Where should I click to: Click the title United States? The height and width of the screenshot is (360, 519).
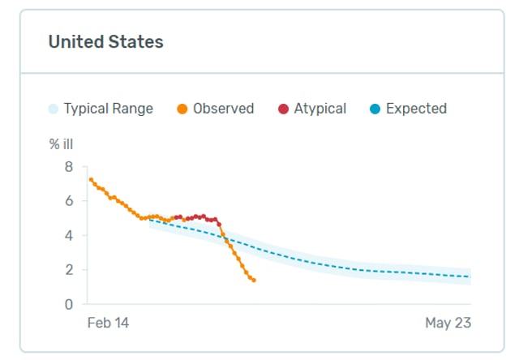105,42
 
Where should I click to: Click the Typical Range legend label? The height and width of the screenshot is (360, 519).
108,109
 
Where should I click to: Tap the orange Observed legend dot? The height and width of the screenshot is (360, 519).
183,109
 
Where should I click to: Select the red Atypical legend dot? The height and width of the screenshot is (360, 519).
283,109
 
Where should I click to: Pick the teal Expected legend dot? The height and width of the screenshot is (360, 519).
375,109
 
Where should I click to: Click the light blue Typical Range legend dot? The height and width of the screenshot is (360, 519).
54,109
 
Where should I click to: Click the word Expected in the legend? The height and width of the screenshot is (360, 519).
416,109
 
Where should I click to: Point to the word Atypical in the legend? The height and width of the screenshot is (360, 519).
320,109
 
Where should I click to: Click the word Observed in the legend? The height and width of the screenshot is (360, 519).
223,109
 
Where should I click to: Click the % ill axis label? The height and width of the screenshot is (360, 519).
62,144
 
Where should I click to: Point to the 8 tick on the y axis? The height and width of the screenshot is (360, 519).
69,167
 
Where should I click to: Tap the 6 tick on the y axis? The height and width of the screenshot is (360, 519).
69,201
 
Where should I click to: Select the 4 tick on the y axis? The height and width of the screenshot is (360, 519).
69,236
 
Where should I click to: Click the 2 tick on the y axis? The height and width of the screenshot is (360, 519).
69,270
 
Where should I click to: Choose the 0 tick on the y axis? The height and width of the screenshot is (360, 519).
69,305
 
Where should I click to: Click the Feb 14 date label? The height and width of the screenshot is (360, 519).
108,323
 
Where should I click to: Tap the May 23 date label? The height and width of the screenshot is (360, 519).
448,323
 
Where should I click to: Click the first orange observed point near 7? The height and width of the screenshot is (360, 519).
91,179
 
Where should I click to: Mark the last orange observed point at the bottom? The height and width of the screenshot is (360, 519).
254,281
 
